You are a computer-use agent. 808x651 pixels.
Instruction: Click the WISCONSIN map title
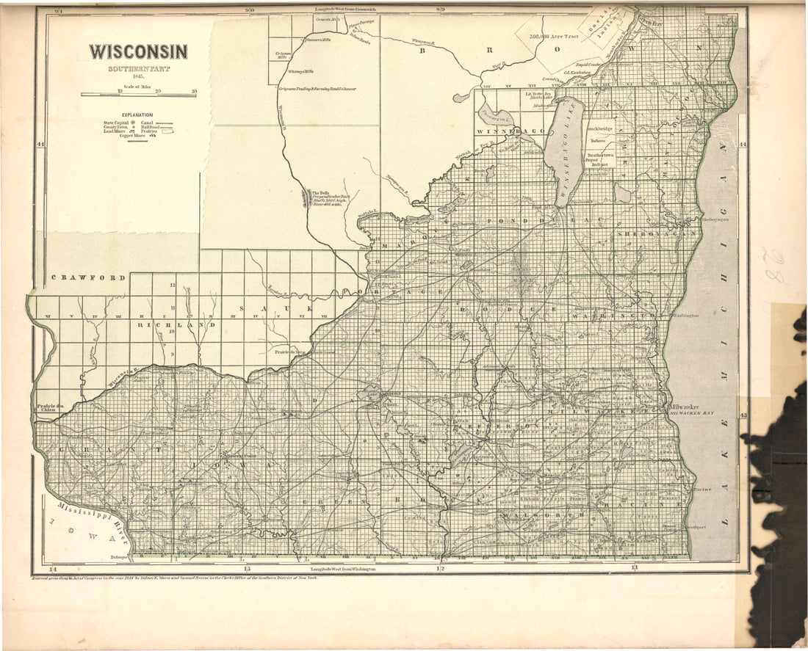(138, 51)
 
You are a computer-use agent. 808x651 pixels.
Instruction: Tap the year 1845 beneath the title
(138, 76)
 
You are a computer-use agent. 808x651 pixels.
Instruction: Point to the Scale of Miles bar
(138, 94)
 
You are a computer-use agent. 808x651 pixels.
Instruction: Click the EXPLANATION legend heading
(137, 115)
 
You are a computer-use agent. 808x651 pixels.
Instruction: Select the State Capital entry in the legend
(119, 123)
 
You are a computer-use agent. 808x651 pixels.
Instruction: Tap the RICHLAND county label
(176, 324)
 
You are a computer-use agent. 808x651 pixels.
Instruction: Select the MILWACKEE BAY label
(691, 414)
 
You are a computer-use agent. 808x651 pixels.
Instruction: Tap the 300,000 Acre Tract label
(558, 35)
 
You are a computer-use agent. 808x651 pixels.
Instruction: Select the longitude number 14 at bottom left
(52, 570)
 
